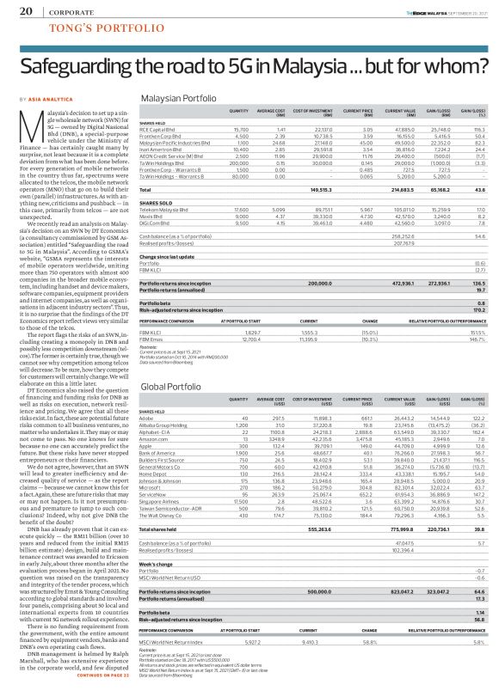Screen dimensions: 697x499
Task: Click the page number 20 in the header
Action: (26, 10)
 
